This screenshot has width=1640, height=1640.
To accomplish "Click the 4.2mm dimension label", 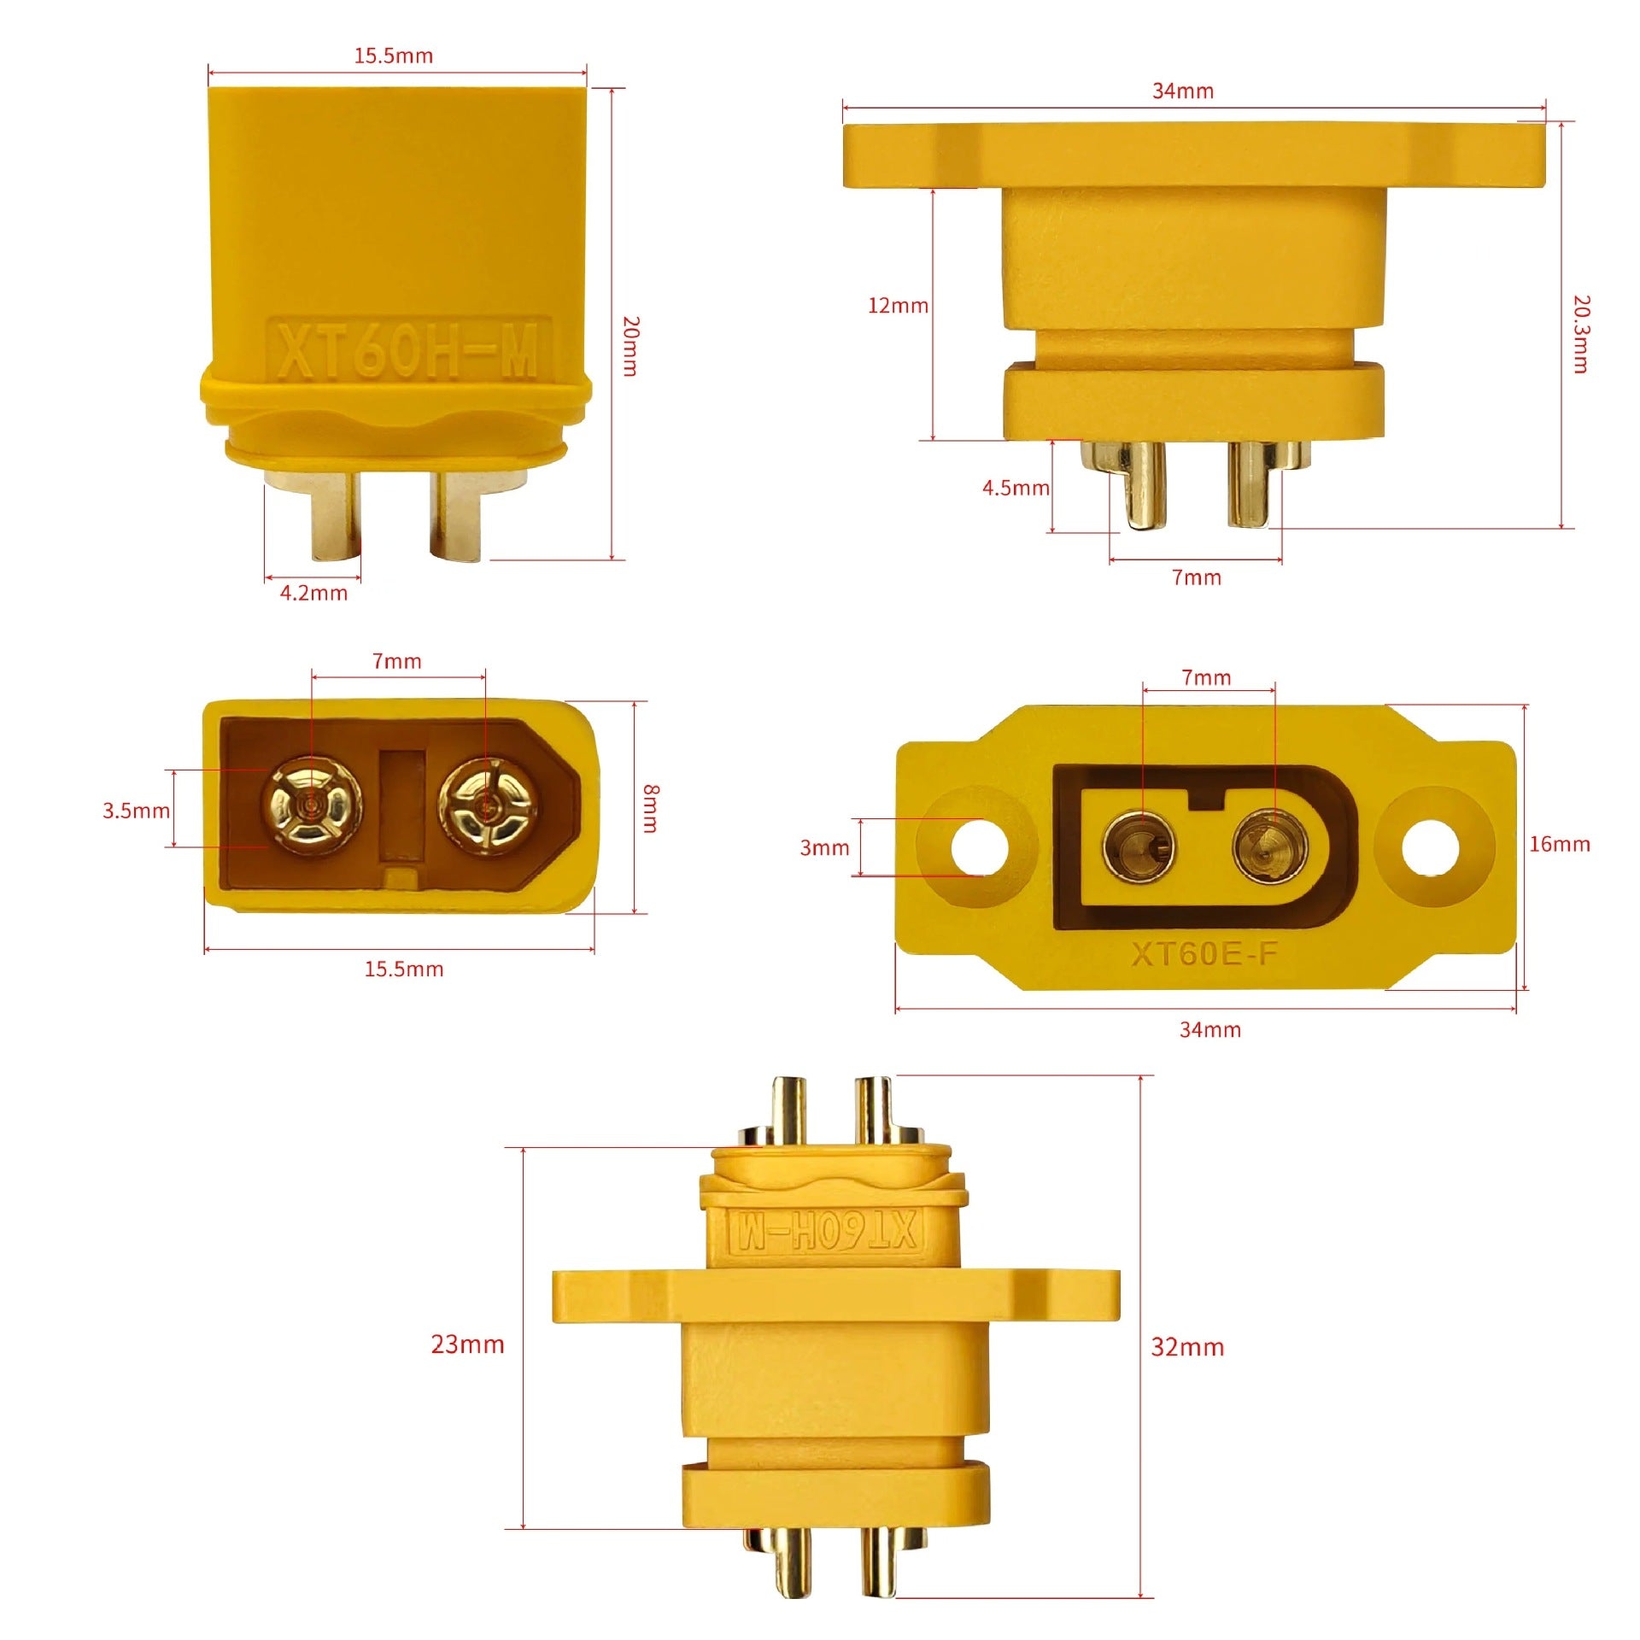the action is coord(313,593).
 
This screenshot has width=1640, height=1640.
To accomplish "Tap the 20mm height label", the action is coord(631,346).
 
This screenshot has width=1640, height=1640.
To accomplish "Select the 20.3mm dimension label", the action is coord(1581,334).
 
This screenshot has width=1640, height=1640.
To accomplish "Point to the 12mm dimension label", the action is coord(898,306).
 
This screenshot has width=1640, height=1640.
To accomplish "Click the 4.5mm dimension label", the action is coord(1016,488).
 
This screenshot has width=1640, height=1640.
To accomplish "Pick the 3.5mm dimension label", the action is coord(137,811).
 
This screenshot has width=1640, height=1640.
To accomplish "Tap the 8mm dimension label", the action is coord(651,808).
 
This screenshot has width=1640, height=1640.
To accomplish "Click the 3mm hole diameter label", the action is coord(824,848).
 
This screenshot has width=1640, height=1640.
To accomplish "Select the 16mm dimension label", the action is coord(1560,844).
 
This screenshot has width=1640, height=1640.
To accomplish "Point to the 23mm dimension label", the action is coord(467,1344).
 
